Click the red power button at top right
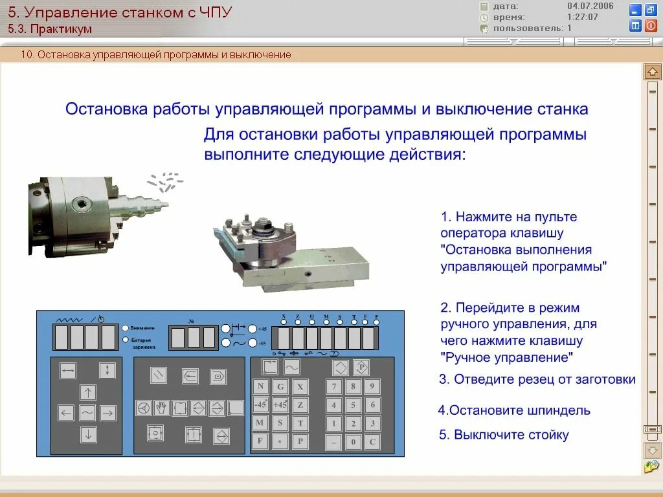651,26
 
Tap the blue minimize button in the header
635,10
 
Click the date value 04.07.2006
590,6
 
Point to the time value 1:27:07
582,17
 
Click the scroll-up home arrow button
652,72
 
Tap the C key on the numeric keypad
372,443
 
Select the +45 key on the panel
280,405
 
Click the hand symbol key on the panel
161,408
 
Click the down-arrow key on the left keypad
88,435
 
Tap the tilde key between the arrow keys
87,412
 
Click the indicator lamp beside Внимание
125,327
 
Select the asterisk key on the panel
280,443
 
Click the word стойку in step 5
547,435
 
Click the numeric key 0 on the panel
353,443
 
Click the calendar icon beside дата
484,6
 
